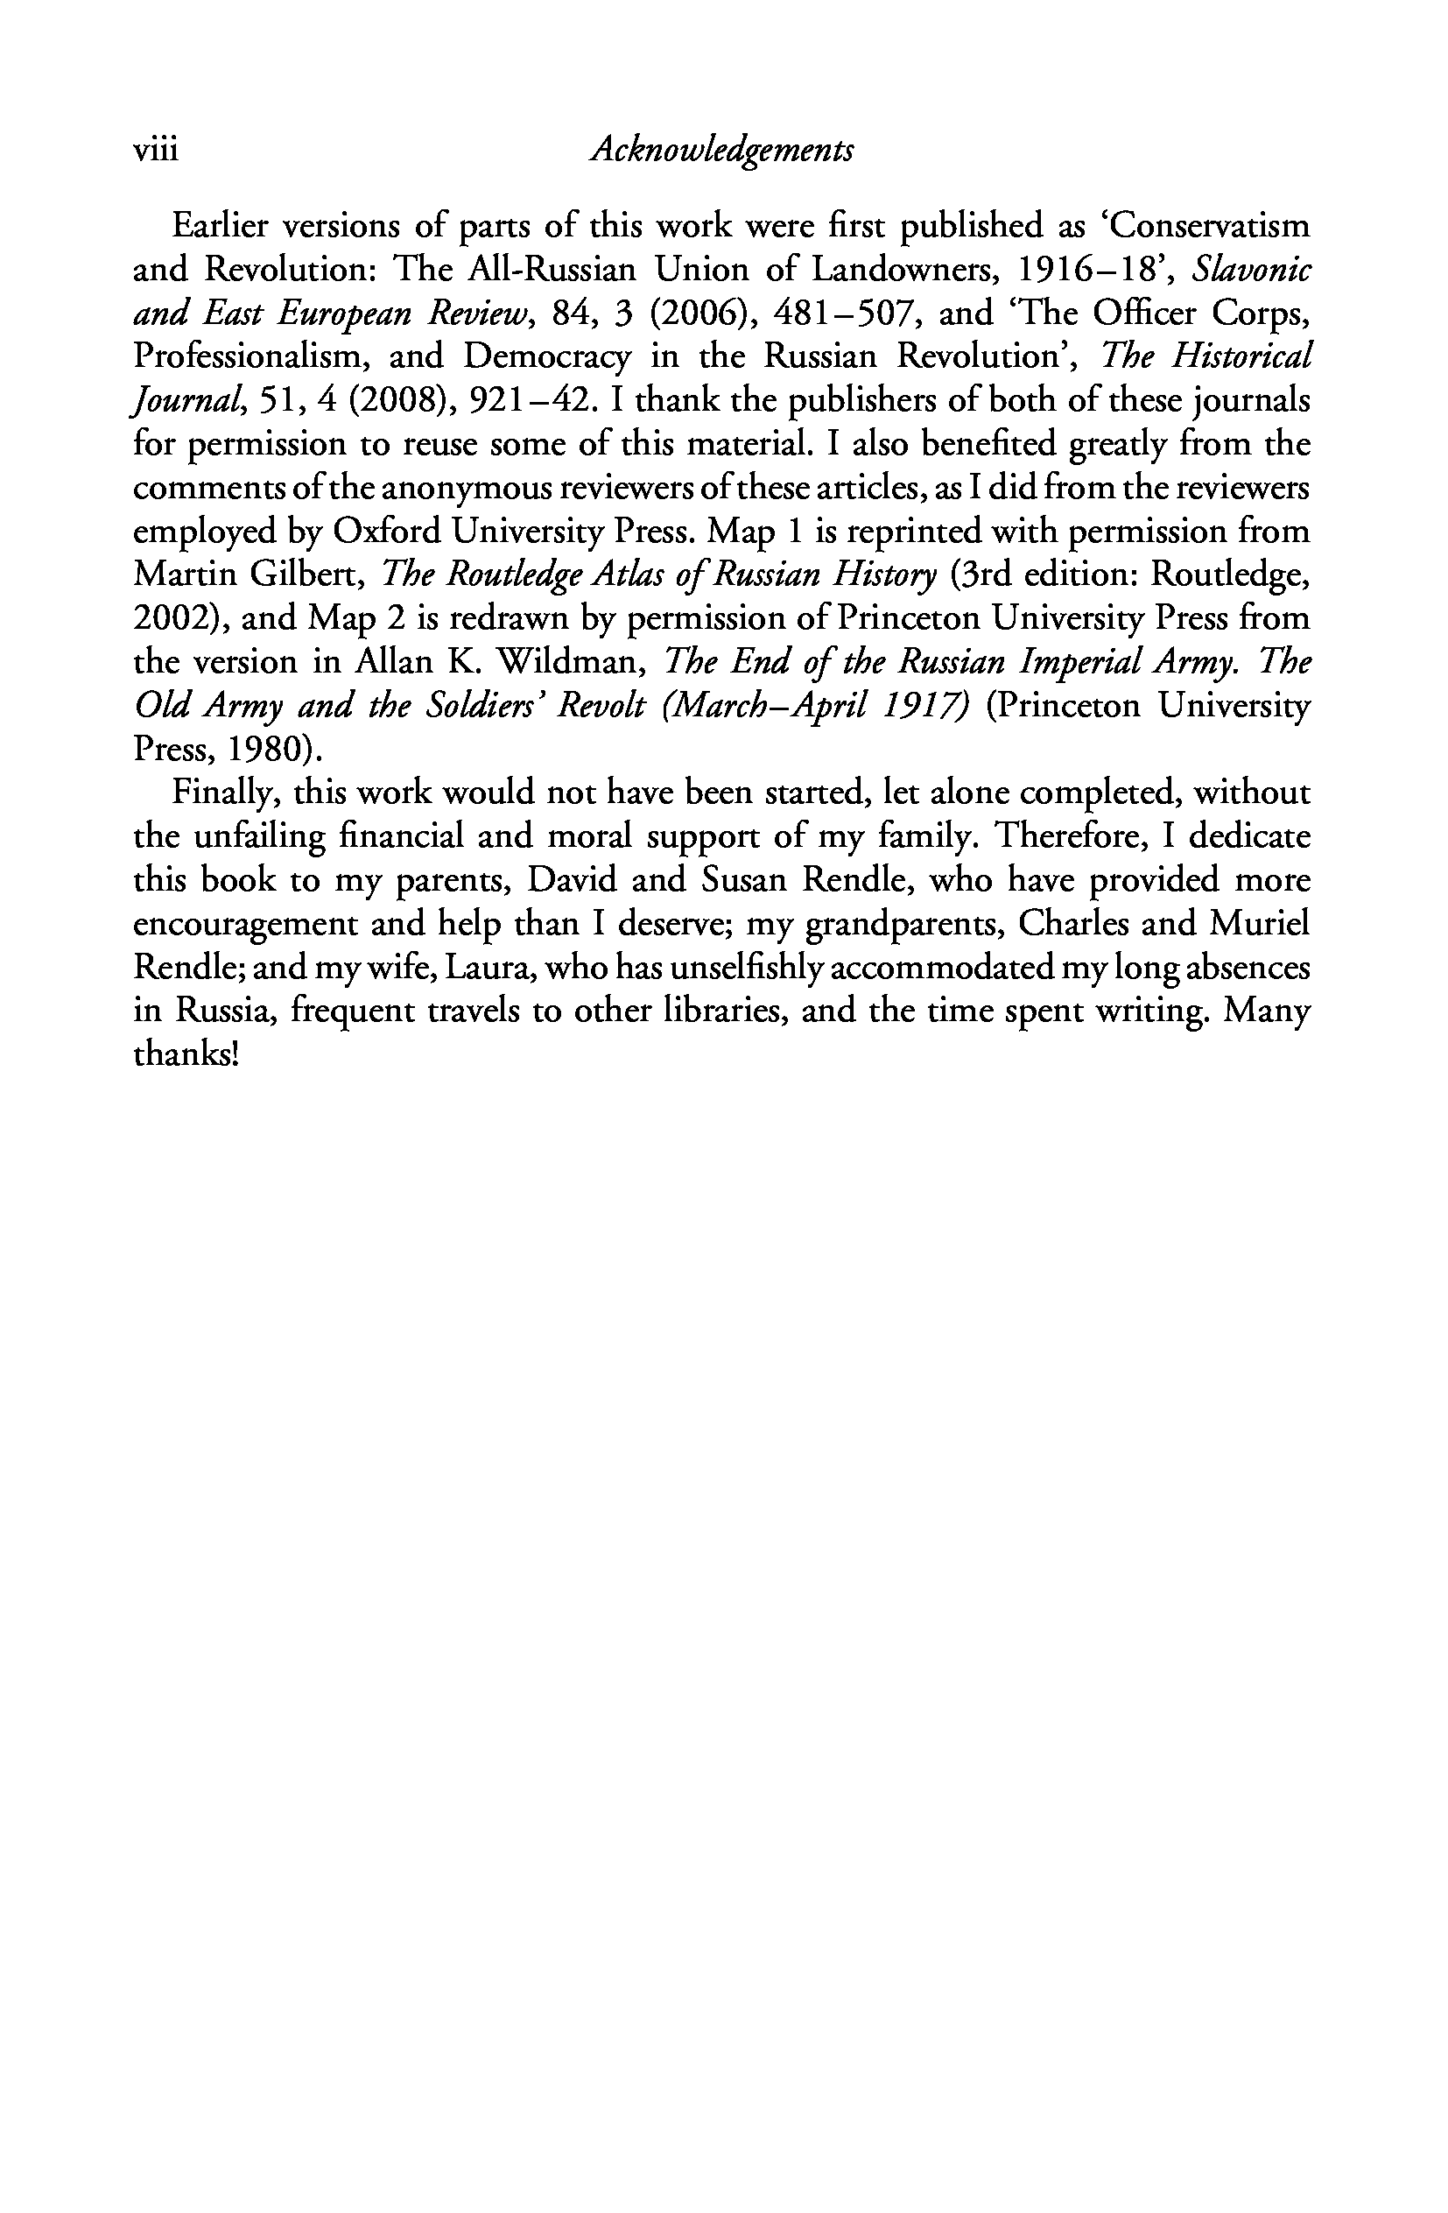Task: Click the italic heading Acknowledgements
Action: tap(722, 150)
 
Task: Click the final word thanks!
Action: tap(186, 1055)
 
